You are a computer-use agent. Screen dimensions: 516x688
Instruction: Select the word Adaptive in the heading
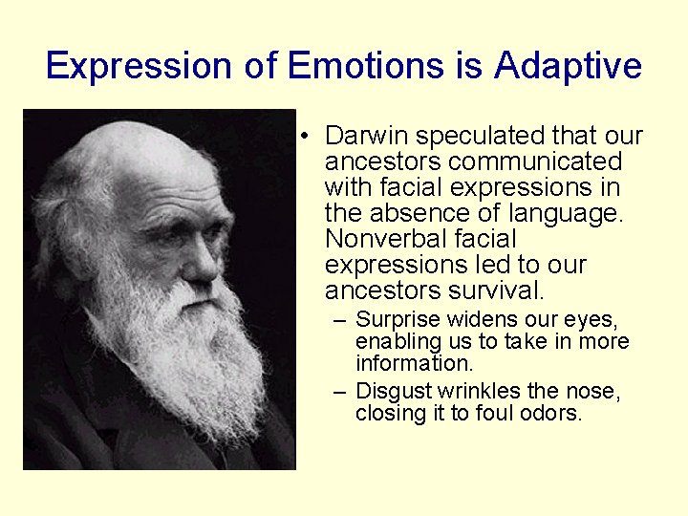[568, 66]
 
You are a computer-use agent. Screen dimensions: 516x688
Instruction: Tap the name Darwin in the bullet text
[367, 137]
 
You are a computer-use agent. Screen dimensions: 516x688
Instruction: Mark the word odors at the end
[551, 414]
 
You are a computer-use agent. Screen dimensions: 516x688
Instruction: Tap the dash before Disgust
[339, 392]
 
